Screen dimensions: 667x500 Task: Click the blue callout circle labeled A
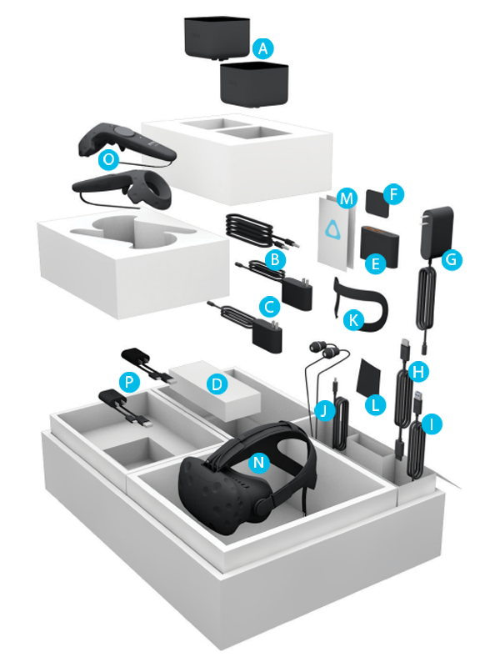264,49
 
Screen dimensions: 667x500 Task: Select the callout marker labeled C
269,306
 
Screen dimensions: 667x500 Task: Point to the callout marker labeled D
216,384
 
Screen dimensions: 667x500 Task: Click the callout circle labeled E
375,263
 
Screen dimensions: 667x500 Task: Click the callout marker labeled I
432,425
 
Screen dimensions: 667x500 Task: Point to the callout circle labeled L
376,405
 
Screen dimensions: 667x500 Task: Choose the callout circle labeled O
108,161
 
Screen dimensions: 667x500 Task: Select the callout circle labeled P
129,380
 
